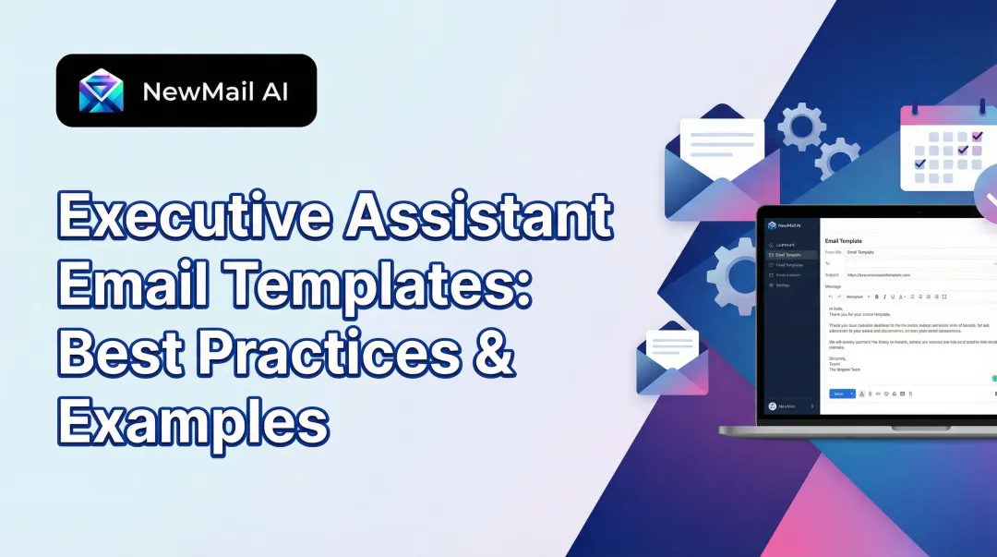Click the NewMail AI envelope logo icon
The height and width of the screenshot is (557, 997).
102,91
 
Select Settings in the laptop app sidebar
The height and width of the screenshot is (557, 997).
783,285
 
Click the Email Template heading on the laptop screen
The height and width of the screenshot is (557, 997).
843,241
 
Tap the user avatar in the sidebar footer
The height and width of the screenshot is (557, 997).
772,406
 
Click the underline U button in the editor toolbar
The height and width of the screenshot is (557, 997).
892,297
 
